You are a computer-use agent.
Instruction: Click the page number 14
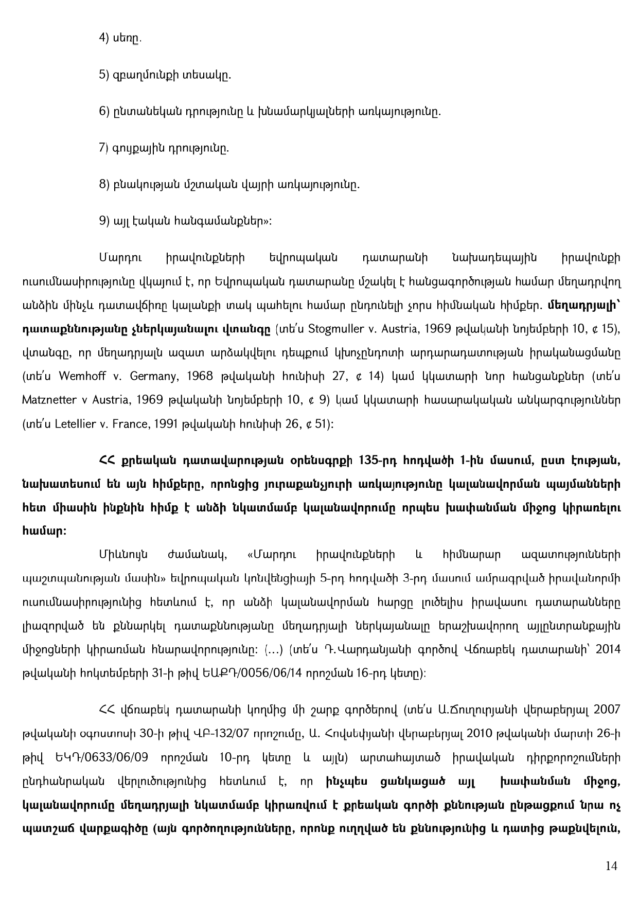click(611, 866)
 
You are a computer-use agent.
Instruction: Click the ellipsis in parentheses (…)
click(272, 650)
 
